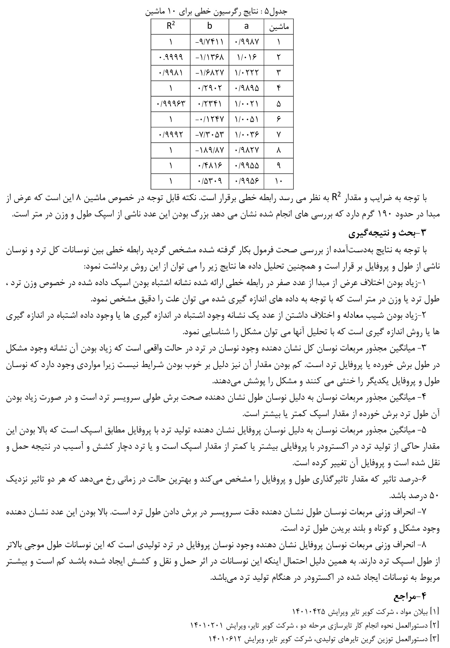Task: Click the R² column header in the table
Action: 170,26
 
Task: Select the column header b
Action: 209,26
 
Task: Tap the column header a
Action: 246,26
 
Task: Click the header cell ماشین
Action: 279,27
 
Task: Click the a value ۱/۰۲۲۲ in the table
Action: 246,73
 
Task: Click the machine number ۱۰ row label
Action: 279,181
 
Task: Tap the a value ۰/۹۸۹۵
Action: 246,88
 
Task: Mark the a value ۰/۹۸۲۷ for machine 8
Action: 246,150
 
